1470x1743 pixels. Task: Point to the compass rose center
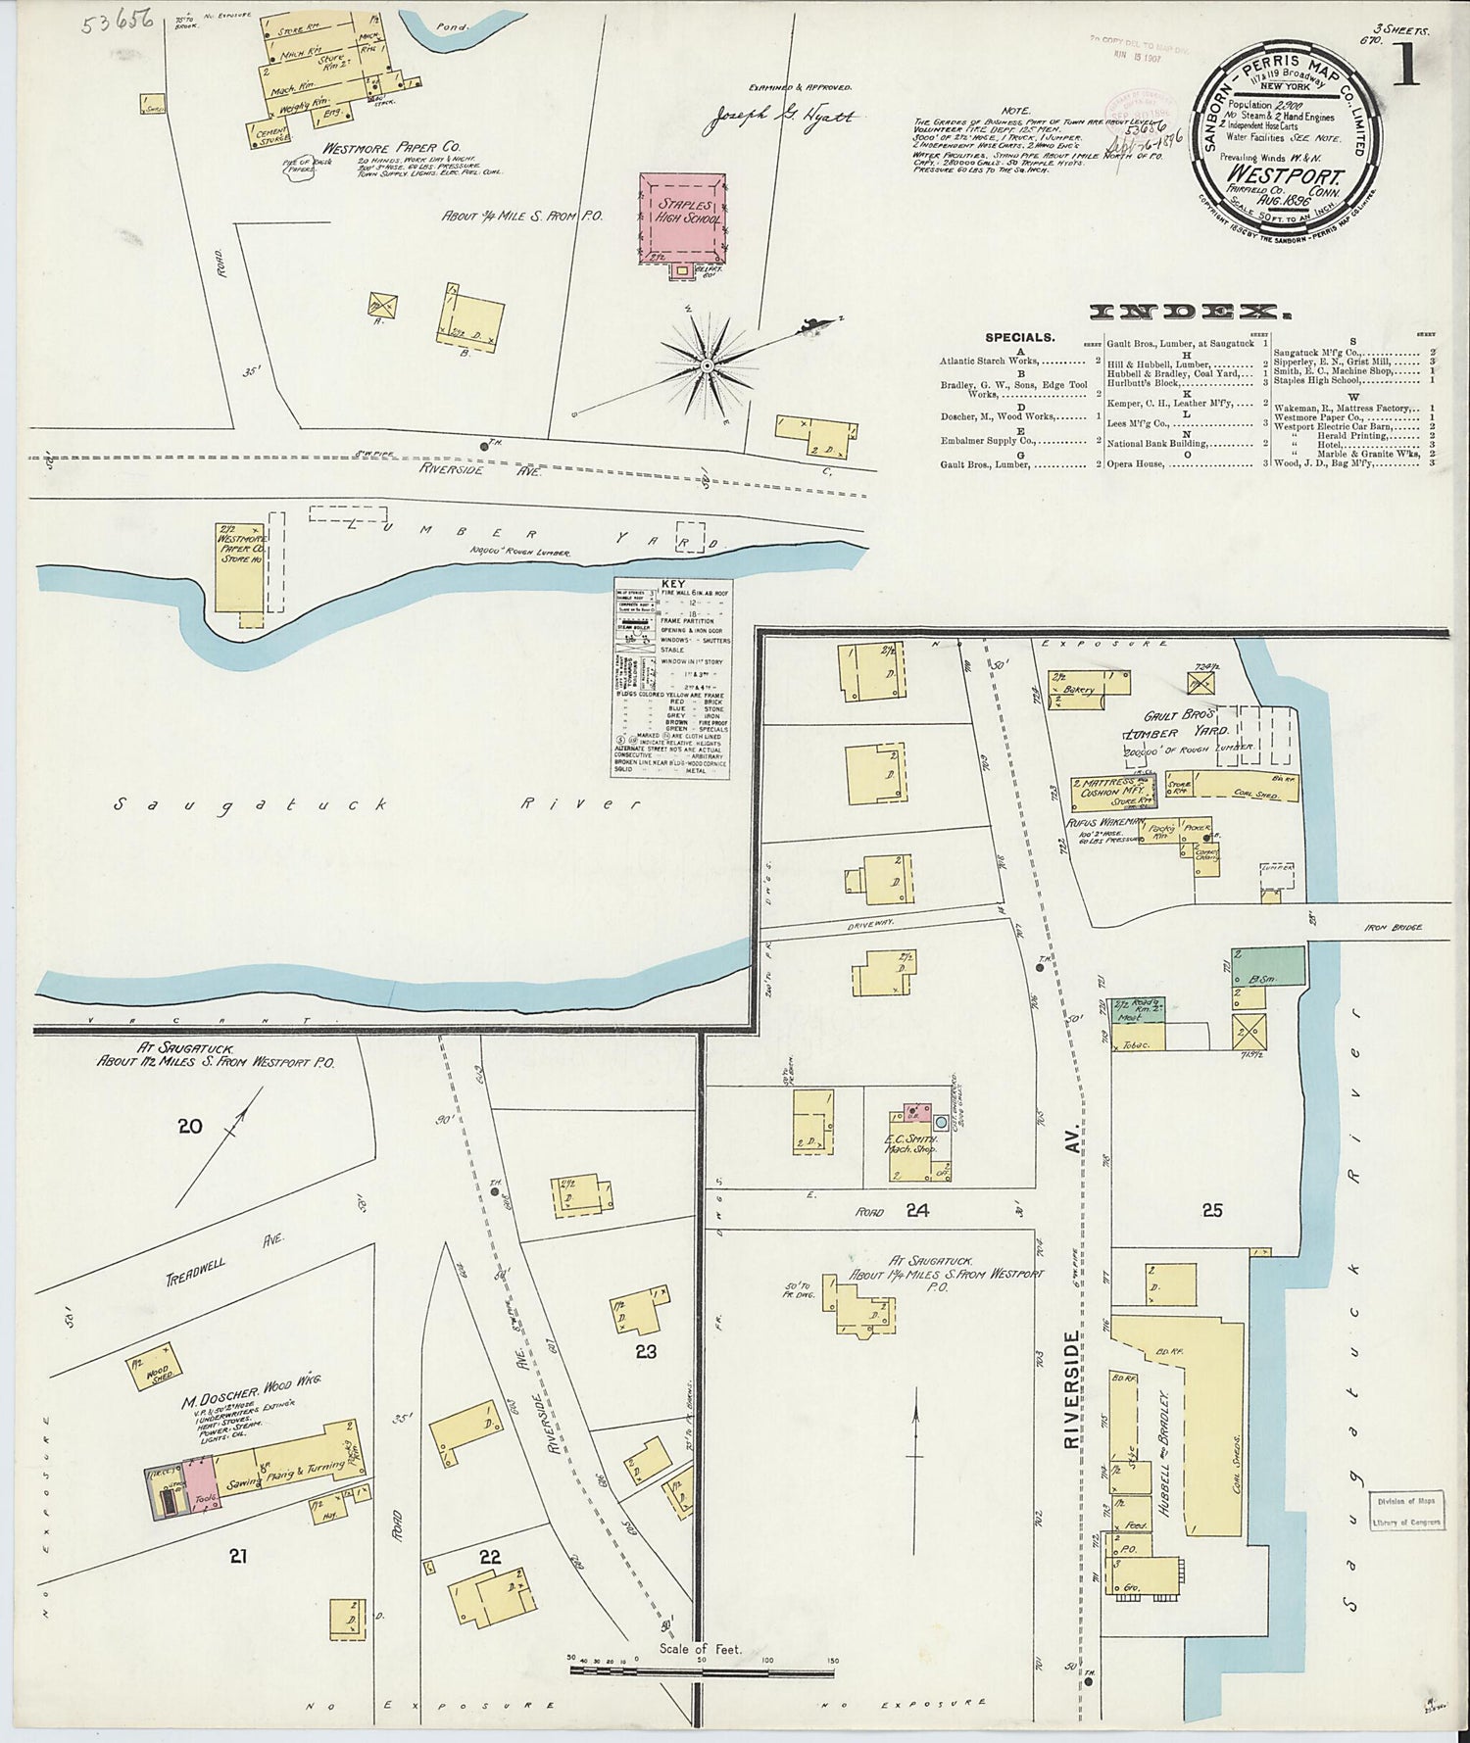pos(706,365)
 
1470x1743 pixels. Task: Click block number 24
pos(916,1210)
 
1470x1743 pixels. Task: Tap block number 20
pos(189,1126)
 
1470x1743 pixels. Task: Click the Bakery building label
pos(1077,689)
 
